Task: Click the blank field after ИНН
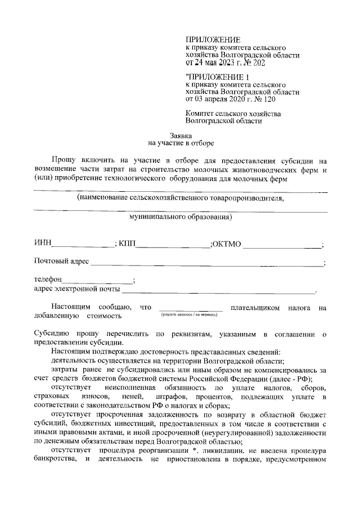[x=83, y=244]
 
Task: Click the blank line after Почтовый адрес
[x=208, y=263]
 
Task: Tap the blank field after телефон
[x=97, y=280]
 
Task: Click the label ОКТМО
[x=226, y=244]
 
